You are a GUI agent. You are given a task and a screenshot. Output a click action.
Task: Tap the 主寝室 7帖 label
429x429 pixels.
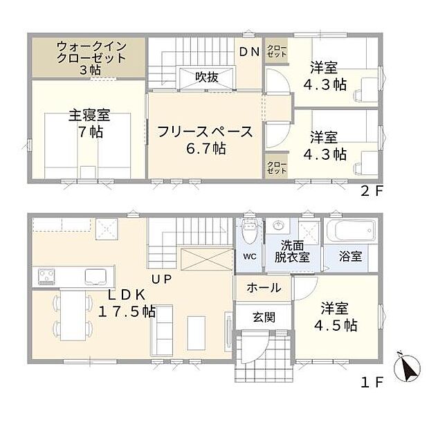89,123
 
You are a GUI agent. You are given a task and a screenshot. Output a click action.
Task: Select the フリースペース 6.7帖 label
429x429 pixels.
203,139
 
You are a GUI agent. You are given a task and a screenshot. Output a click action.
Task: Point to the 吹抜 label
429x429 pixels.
206,77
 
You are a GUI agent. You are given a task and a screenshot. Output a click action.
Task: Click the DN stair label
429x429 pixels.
250,51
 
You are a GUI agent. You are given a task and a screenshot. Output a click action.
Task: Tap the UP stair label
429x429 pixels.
161,279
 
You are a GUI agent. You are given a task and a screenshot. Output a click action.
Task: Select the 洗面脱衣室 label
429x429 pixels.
294,250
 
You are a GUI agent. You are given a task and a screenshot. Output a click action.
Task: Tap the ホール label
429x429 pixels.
264,287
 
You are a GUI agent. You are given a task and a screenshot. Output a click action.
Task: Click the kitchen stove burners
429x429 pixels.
47,277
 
